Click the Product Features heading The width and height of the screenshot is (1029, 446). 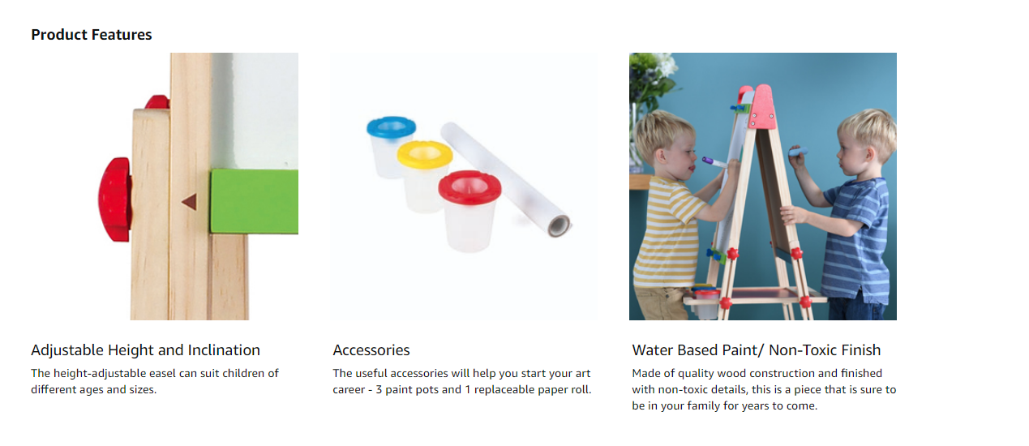92,35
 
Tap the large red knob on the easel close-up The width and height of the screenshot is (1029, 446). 115,199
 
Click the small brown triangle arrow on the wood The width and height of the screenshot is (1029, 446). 190,202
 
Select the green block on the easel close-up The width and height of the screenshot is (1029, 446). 255,201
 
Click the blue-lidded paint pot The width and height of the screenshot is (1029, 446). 391,145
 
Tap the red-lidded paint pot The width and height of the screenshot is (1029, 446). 469,210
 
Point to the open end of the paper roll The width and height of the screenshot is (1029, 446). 559,225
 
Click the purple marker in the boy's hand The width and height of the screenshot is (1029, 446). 714,162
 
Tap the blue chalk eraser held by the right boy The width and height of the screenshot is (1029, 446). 799,152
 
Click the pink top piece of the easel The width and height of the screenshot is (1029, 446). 762,106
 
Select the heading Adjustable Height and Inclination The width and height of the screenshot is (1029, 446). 146,350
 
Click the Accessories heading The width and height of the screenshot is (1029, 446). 371,350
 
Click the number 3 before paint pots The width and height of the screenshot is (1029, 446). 379,389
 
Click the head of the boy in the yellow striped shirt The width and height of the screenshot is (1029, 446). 665,143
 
